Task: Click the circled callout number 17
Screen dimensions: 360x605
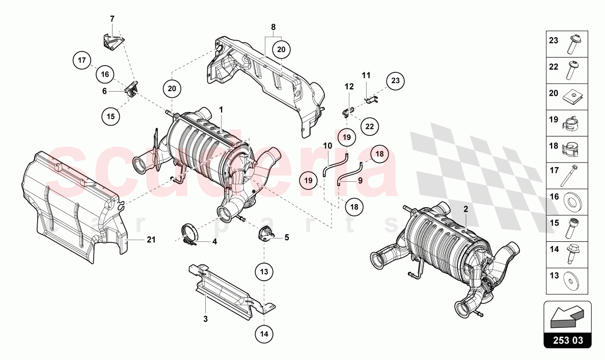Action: (81, 61)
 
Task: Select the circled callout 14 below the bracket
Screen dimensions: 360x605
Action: (264, 334)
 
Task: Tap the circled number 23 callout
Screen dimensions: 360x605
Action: (396, 80)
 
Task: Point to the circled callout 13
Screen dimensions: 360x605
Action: (264, 272)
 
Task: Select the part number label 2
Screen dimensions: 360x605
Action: (465, 209)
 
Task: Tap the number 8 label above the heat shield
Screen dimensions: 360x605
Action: (273, 26)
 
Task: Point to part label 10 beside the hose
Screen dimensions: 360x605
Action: (327, 146)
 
